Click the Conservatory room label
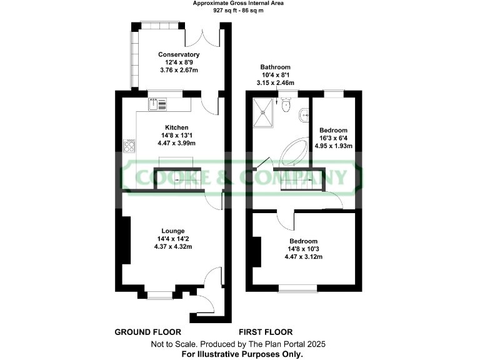tap(178, 55)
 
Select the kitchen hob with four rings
tap(131, 147)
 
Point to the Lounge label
tap(172, 231)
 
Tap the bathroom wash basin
tap(302, 114)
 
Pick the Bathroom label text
tap(276, 67)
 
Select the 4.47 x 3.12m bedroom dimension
tap(303, 257)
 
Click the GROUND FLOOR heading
tap(147, 332)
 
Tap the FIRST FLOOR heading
tap(266, 332)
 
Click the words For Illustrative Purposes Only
tap(242, 354)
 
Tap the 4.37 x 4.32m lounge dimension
tap(172, 246)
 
